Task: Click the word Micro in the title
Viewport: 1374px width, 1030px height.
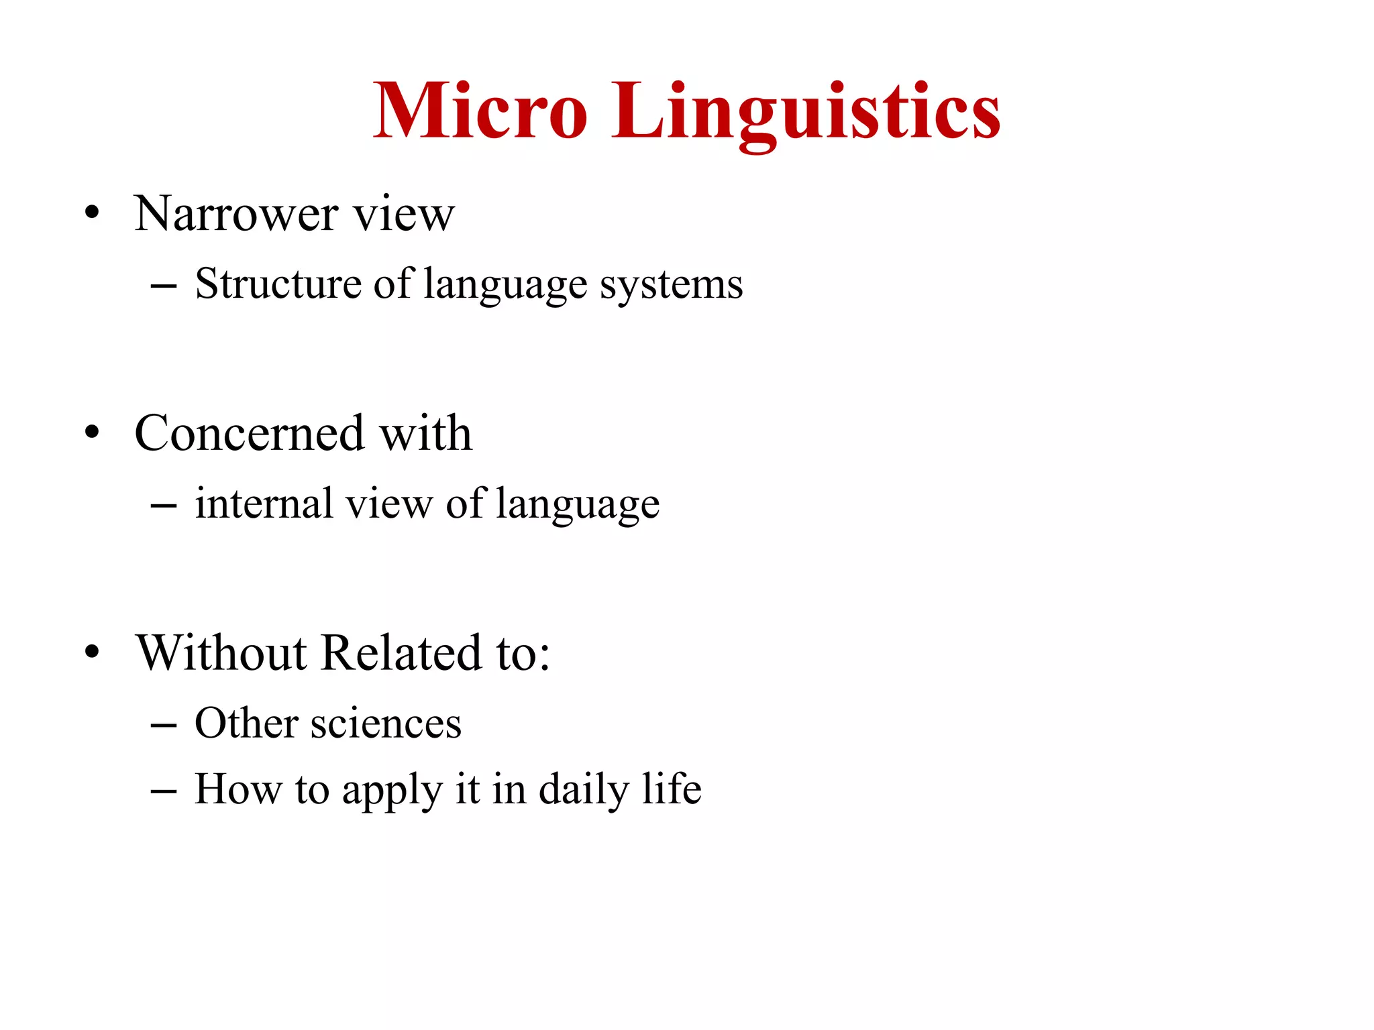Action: [480, 111]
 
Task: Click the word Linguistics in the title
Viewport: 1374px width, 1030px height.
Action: [806, 111]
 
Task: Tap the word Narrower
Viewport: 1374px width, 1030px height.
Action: [235, 215]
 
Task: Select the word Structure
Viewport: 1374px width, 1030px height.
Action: [278, 284]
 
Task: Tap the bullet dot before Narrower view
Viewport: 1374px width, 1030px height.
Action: [93, 214]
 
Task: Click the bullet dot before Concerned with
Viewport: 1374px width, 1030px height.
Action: [93, 433]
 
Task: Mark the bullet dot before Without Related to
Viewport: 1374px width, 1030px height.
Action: [93, 652]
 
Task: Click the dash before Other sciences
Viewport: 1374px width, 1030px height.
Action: [164, 726]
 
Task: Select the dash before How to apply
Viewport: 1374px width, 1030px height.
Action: [164, 791]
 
